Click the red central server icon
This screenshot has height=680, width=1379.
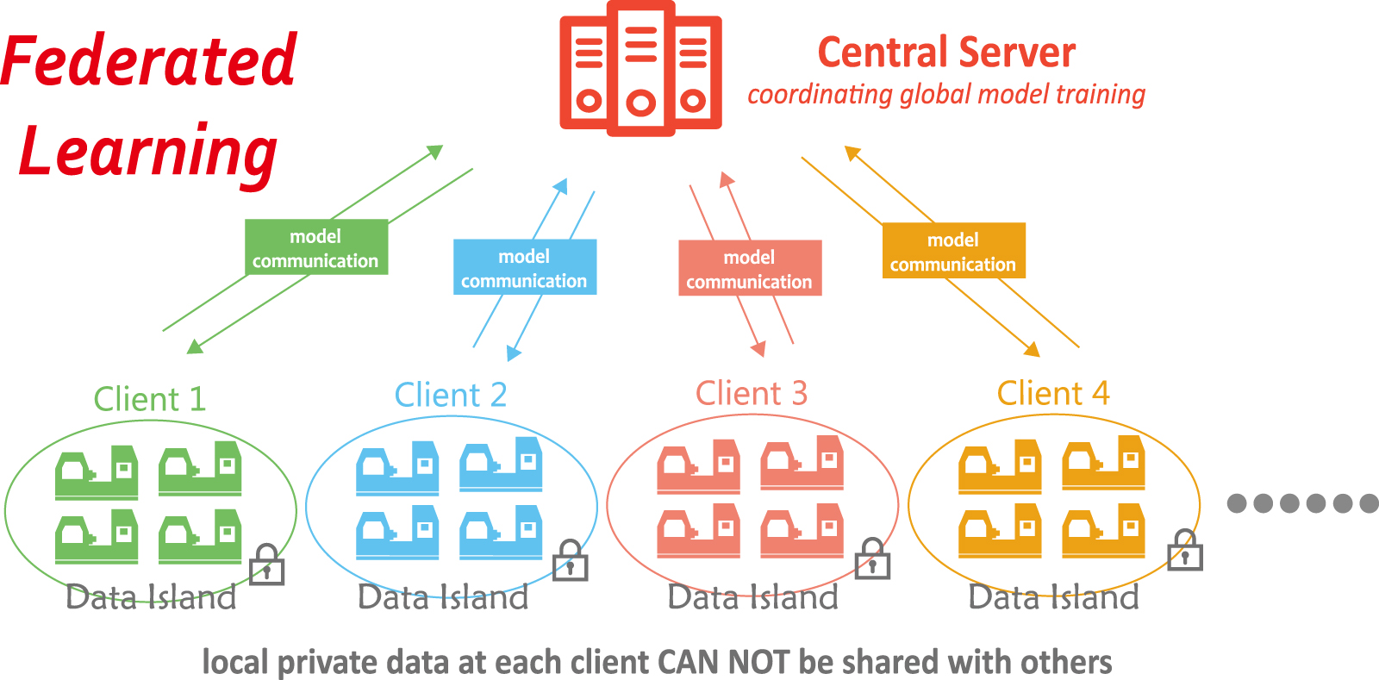[x=640, y=69]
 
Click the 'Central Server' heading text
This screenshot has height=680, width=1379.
[x=946, y=53]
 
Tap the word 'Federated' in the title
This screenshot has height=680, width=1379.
[x=149, y=60]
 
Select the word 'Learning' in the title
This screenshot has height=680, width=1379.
[x=148, y=151]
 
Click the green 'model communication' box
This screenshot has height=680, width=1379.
[x=315, y=247]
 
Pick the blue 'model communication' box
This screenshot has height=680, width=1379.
[x=524, y=267]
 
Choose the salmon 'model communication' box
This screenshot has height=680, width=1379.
[x=750, y=268]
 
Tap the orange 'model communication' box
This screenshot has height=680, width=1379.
[x=953, y=251]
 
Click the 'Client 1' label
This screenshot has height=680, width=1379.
[x=150, y=399]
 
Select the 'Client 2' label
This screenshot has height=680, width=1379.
[x=451, y=395]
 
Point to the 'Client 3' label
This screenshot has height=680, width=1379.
[x=752, y=393]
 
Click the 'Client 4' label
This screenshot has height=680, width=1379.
[x=1053, y=393]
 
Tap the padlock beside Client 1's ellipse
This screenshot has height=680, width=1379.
[x=266, y=566]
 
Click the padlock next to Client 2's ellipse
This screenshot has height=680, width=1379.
[x=570, y=561]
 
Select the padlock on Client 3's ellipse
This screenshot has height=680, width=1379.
[x=872, y=559]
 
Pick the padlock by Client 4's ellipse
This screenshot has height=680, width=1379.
[x=1185, y=551]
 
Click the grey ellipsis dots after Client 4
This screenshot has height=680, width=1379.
[x=1302, y=503]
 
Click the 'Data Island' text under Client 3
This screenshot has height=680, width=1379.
[x=753, y=596]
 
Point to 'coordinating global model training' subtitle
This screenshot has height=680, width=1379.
[x=946, y=94]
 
